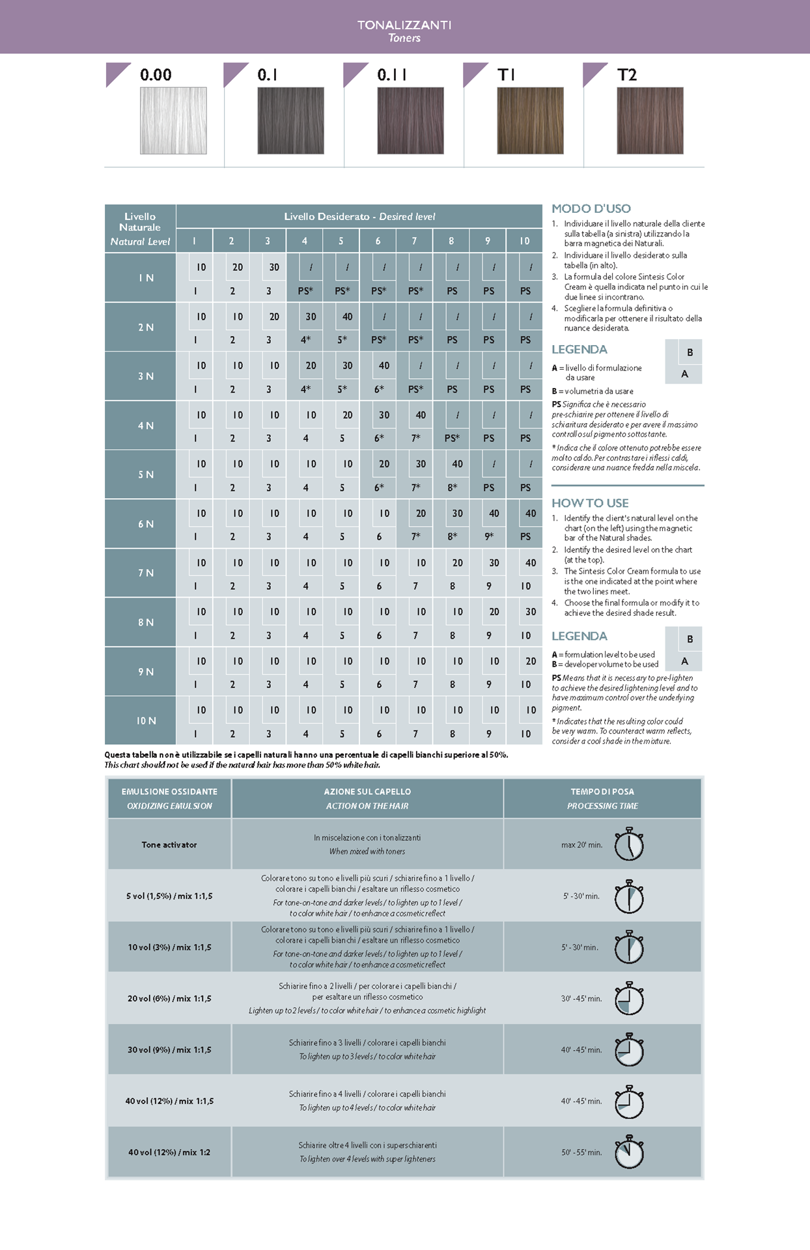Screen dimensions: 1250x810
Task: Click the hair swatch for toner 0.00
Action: pos(173,120)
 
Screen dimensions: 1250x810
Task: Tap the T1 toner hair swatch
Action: pos(530,120)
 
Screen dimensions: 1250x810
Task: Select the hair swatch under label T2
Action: pos(650,120)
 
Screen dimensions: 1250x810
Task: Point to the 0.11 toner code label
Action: pos(392,75)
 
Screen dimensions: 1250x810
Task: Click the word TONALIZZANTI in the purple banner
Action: pos(404,25)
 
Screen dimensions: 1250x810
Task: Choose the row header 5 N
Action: pos(146,475)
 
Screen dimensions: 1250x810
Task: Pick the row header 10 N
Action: pos(146,721)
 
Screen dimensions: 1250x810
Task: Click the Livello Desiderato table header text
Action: pos(359,216)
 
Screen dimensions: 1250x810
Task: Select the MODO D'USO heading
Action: pos(591,209)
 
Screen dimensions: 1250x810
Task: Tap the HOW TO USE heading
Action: pos(590,503)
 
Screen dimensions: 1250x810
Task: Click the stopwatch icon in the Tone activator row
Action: pos(629,844)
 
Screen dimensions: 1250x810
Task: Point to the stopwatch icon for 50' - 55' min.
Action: pos(629,1152)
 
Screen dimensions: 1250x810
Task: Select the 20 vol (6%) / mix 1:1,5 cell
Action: pos(169,998)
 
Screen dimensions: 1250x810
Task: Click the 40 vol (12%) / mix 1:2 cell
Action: pos(169,1152)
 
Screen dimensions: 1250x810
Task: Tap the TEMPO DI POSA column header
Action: pos(602,792)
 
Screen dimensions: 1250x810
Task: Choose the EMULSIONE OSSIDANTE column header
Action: pos(169,792)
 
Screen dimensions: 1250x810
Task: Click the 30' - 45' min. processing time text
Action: pos(581,998)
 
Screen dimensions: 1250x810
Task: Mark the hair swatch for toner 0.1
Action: pos(290,120)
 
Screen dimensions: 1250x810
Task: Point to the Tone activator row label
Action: pos(169,844)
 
